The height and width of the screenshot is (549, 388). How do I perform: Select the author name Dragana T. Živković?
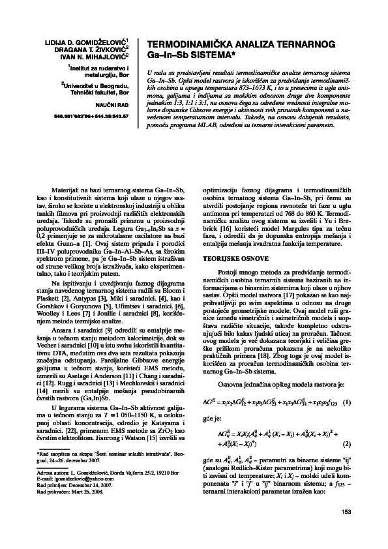click(x=96, y=48)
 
